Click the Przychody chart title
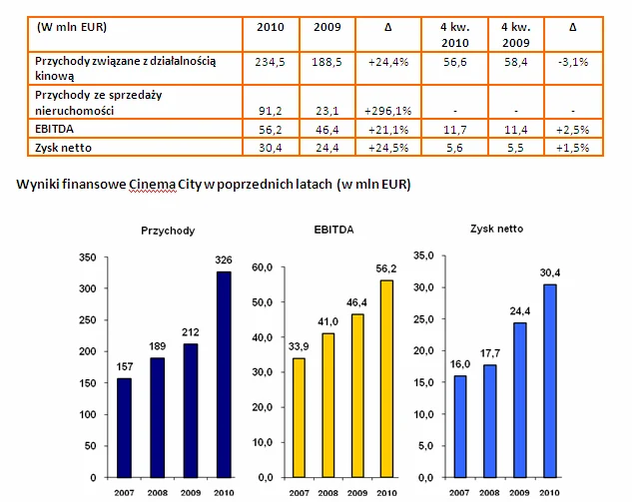tap(167, 231)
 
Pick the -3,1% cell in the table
tap(572, 62)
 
